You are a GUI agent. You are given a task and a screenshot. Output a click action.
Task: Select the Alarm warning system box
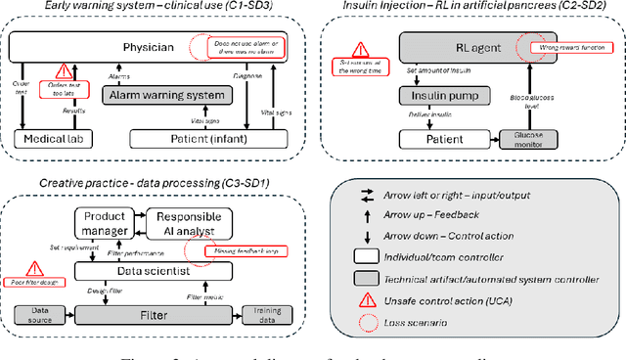click(x=167, y=96)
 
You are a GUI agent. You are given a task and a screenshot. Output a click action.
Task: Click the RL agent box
click(x=459, y=45)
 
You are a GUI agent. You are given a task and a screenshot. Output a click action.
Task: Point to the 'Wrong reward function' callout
click(x=561, y=46)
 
